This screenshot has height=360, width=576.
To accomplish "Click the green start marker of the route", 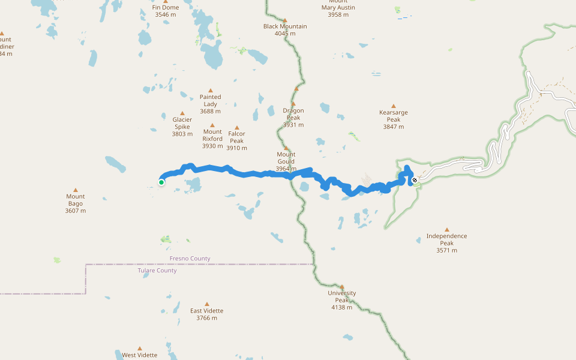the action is click(161, 182).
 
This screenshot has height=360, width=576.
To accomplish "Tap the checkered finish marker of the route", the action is click(414, 179).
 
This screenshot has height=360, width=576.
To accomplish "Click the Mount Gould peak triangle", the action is click(286, 148).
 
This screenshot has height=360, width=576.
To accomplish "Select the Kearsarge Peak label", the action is click(394, 116).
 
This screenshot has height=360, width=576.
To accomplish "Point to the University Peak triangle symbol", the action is click(342, 286).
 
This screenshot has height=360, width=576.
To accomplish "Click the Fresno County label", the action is click(190, 259).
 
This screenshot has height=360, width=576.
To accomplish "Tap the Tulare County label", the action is click(157, 271).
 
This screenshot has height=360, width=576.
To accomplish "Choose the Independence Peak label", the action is click(446, 239).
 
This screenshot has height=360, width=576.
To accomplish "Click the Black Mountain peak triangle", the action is click(285, 20).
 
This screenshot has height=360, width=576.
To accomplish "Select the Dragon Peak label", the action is click(293, 114).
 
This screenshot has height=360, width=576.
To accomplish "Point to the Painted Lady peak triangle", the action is click(211, 90).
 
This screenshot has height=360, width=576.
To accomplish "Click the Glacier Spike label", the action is click(182, 123).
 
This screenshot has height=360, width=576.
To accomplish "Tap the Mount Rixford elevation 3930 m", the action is click(212, 146).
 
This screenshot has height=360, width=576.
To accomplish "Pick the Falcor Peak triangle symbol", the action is click(237, 127).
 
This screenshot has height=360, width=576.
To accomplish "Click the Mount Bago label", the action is click(76, 200).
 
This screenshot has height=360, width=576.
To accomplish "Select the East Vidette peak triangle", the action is click(207, 304).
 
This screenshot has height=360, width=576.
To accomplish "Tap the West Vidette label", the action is click(140, 355).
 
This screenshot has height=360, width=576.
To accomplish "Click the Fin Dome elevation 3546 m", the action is click(165, 14).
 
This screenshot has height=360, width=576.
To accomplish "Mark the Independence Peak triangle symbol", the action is click(446, 229).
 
